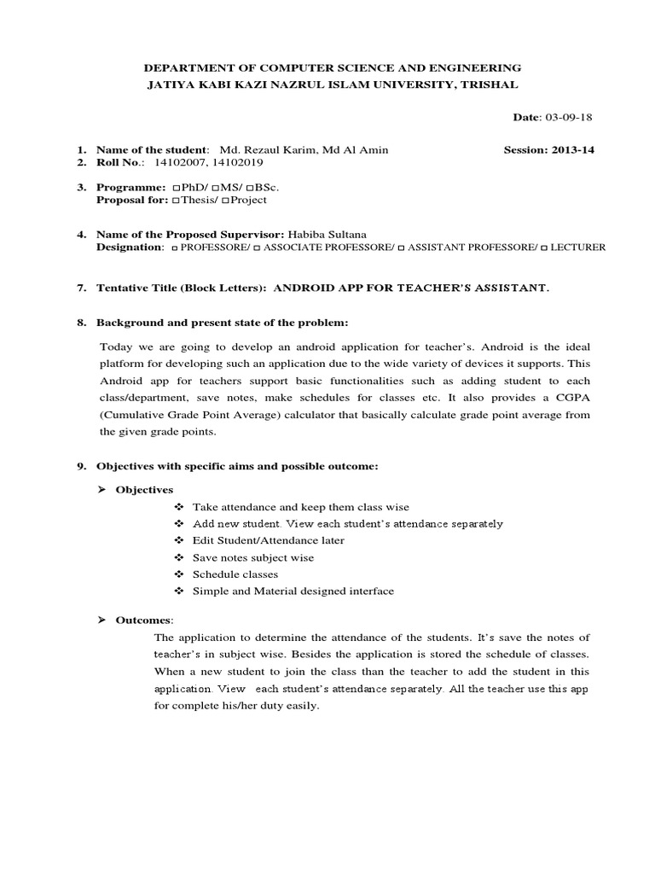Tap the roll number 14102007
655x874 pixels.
point(177,161)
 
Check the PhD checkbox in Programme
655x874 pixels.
point(175,187)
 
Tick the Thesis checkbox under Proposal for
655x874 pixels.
point(175,200)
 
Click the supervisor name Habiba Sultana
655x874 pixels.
point(327,234)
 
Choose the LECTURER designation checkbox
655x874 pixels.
point(544,248)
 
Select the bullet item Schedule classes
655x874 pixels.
point(235,574)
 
